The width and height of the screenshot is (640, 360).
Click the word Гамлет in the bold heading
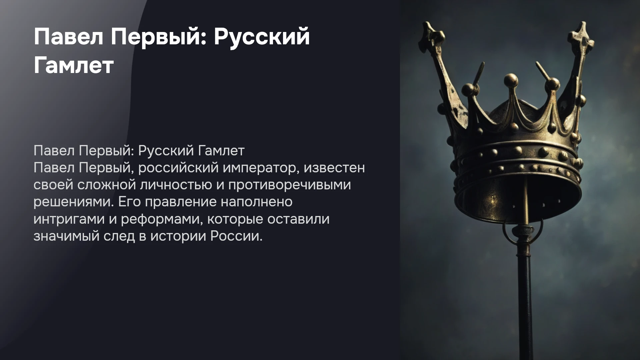coord(74,65)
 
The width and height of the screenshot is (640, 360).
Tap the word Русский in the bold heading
coord(262,37)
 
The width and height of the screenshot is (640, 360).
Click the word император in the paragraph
coord(259,168)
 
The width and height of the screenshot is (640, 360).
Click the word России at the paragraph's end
coord(236,236)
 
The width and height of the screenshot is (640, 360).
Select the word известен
coord(334,168)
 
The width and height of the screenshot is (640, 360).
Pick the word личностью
coord(176,185)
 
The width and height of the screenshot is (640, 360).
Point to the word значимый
coord(66,236)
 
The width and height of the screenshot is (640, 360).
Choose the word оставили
coord(298,219)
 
